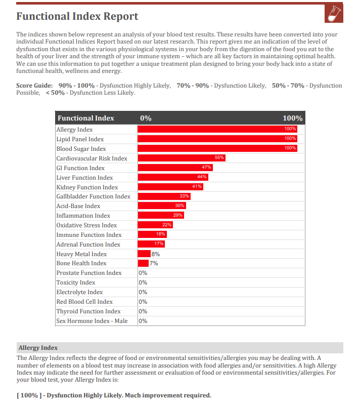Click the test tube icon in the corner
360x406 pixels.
(334, 14)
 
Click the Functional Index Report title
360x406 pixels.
(77, 16)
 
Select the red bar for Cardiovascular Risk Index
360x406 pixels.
(182, 158)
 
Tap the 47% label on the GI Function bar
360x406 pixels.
(206, 167)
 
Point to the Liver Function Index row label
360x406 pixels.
(84, 178)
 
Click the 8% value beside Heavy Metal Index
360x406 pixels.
(156, 254)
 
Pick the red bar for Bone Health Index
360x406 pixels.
(143, 263)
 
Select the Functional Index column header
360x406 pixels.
(86, 118)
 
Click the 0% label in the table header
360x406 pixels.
(146, 118)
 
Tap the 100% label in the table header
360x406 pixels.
(292, 118)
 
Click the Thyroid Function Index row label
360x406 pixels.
(88, 311)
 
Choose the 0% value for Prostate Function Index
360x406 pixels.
(143, 273)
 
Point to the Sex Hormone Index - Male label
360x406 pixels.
(92, 321)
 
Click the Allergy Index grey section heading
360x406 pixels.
(38, 348)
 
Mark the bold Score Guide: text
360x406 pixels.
(34, 86)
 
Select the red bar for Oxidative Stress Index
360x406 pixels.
(155, 225)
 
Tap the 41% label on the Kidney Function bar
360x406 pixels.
(197, 186)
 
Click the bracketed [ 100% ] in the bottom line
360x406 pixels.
(29, 395)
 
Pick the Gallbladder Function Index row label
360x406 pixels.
(94, 196)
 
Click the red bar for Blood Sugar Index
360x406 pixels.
(217, 148)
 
